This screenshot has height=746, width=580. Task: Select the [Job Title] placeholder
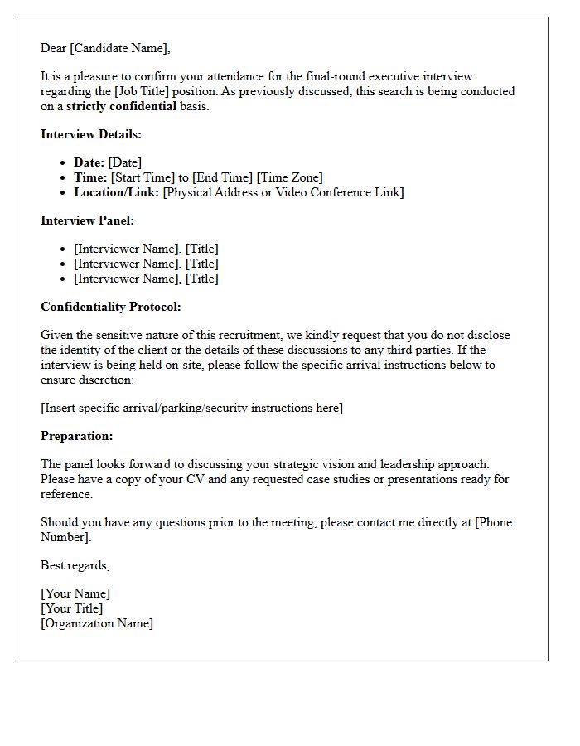click(x=146, y=91)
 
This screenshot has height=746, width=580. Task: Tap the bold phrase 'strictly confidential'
click(x=121, y=106)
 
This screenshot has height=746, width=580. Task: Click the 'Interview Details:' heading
click(x=91, y=134)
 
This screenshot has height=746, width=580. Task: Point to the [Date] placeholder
click(x=124, y=162)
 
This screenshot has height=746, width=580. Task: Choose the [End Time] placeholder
click(x=223, y=177)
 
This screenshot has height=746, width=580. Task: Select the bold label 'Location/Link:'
click(x=116, y=192)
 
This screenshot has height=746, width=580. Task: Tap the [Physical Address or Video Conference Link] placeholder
click(x=283, y=192)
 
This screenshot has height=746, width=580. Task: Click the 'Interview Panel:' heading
click(x=87, y=220)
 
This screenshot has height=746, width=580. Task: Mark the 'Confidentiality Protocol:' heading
click(x=110, y=307)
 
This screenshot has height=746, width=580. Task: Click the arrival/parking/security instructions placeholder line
click(x=191, y=408)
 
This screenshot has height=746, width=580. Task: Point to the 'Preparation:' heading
click(x=77, y=436)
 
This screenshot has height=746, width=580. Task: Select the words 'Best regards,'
click(x=75, y=565)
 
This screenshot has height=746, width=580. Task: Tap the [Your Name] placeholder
click(x=75, y=593)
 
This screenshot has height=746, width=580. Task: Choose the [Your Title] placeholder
click(x=72, y=608)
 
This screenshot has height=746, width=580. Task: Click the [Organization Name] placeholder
click(x=97, y=623)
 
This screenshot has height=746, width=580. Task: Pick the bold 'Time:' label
click(x=90, y=177)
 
